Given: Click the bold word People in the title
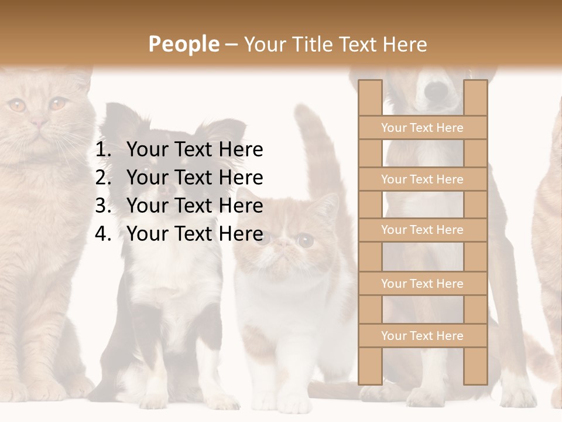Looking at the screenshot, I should (183, 44).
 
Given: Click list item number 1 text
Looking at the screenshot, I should (194, 150).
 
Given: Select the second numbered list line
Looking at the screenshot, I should (194, 178).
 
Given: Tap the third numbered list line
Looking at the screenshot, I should (194, 206).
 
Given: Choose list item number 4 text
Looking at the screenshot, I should (194, 234).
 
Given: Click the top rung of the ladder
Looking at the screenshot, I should (422, 128).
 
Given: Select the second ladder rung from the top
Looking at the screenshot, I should (422, 179).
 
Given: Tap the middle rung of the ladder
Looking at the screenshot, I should (422, 230).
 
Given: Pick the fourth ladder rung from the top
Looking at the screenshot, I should (422, 284).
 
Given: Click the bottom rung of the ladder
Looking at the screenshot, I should (422, 336).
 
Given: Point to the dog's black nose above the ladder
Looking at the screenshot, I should (436, 91).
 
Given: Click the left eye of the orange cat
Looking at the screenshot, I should (16, 105).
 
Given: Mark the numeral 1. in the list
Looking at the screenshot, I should (103, 150).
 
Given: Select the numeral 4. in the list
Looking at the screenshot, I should (103, 234).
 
